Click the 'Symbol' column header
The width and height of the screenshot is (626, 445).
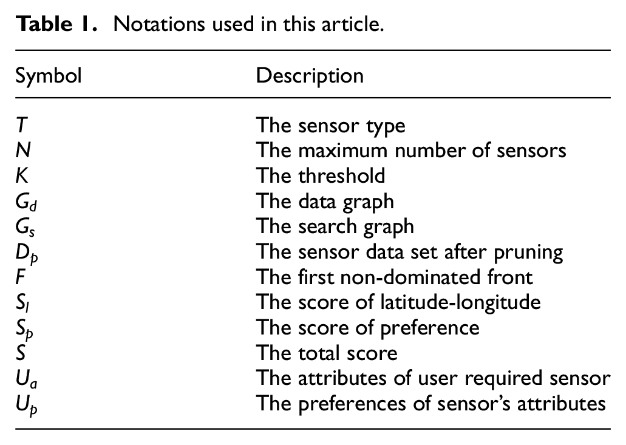(49, 76)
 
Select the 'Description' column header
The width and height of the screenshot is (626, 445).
(310, 76)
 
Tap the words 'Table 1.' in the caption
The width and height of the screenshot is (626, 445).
(56, 24)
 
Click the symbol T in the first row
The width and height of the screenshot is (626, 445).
(22, 125)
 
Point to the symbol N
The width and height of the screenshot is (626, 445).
(23, 151)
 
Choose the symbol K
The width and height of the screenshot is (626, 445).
(22, 175)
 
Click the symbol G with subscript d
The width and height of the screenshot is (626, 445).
(26, 202)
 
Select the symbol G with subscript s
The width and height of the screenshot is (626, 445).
(26, 227)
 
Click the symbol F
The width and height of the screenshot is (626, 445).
(21, 277)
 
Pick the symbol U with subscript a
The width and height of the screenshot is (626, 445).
(26, 379)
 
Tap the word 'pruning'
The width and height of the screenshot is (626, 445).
(528, 253)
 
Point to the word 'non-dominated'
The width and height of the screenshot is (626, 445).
(410, 277)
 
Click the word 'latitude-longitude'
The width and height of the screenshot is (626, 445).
(460, 302)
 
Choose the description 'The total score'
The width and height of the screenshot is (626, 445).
(327, 353)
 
